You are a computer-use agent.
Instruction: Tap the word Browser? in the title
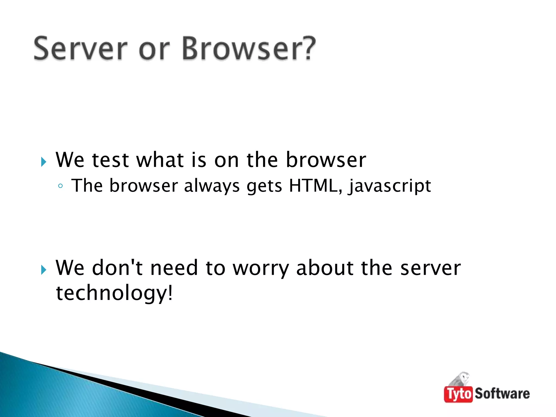pos(249,49)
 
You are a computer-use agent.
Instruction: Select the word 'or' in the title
pos(154,50)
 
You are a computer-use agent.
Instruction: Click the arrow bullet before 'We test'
pos(44,162)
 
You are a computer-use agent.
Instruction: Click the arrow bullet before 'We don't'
pos(44,270)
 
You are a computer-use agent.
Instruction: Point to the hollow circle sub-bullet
pos(61,186)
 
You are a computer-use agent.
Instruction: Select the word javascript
pos(390,187)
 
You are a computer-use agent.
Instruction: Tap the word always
pos(212,187)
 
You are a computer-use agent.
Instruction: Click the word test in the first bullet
pos(110,160)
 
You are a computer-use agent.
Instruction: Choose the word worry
pos(261,269)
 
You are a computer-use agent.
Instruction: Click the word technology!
pos(114,294)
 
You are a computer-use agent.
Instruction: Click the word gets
pos(264,187)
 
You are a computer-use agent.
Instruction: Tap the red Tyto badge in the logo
pos(459,394)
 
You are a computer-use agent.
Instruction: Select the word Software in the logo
pos(502,394)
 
